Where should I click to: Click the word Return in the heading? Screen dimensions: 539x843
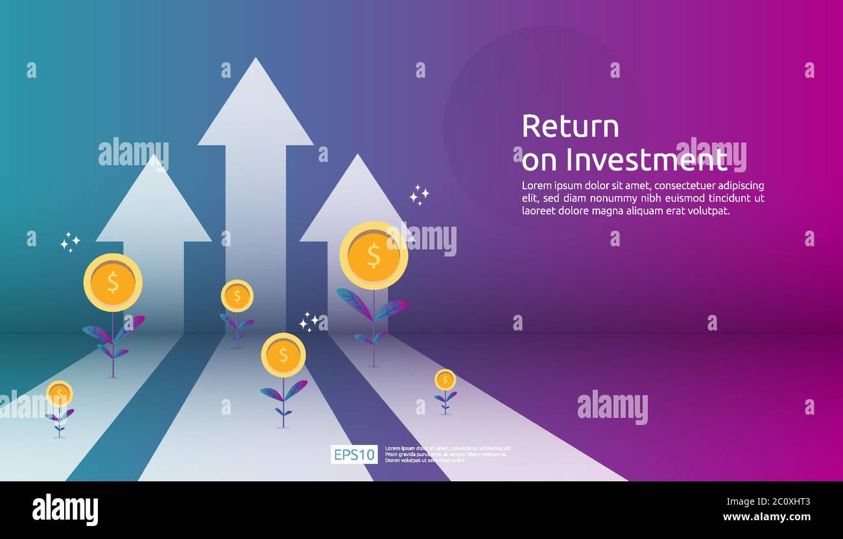[570, 126]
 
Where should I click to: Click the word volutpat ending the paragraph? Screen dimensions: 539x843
[708, 211]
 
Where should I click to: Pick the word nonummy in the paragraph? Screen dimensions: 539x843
[610, 198]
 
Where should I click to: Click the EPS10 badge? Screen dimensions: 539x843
[353, 455]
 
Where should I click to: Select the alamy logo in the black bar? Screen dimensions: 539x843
[65, 509]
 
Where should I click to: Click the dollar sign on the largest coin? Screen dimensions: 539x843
[374, 256]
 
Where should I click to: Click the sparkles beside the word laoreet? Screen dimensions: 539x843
[419, 195]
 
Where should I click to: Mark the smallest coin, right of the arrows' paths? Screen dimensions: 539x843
[445, 380]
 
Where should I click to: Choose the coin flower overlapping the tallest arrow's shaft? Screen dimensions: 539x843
[237, 296]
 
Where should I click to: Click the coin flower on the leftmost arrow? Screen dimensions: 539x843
[113, 282]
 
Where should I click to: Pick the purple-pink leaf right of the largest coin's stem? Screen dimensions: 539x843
[392, 309]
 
